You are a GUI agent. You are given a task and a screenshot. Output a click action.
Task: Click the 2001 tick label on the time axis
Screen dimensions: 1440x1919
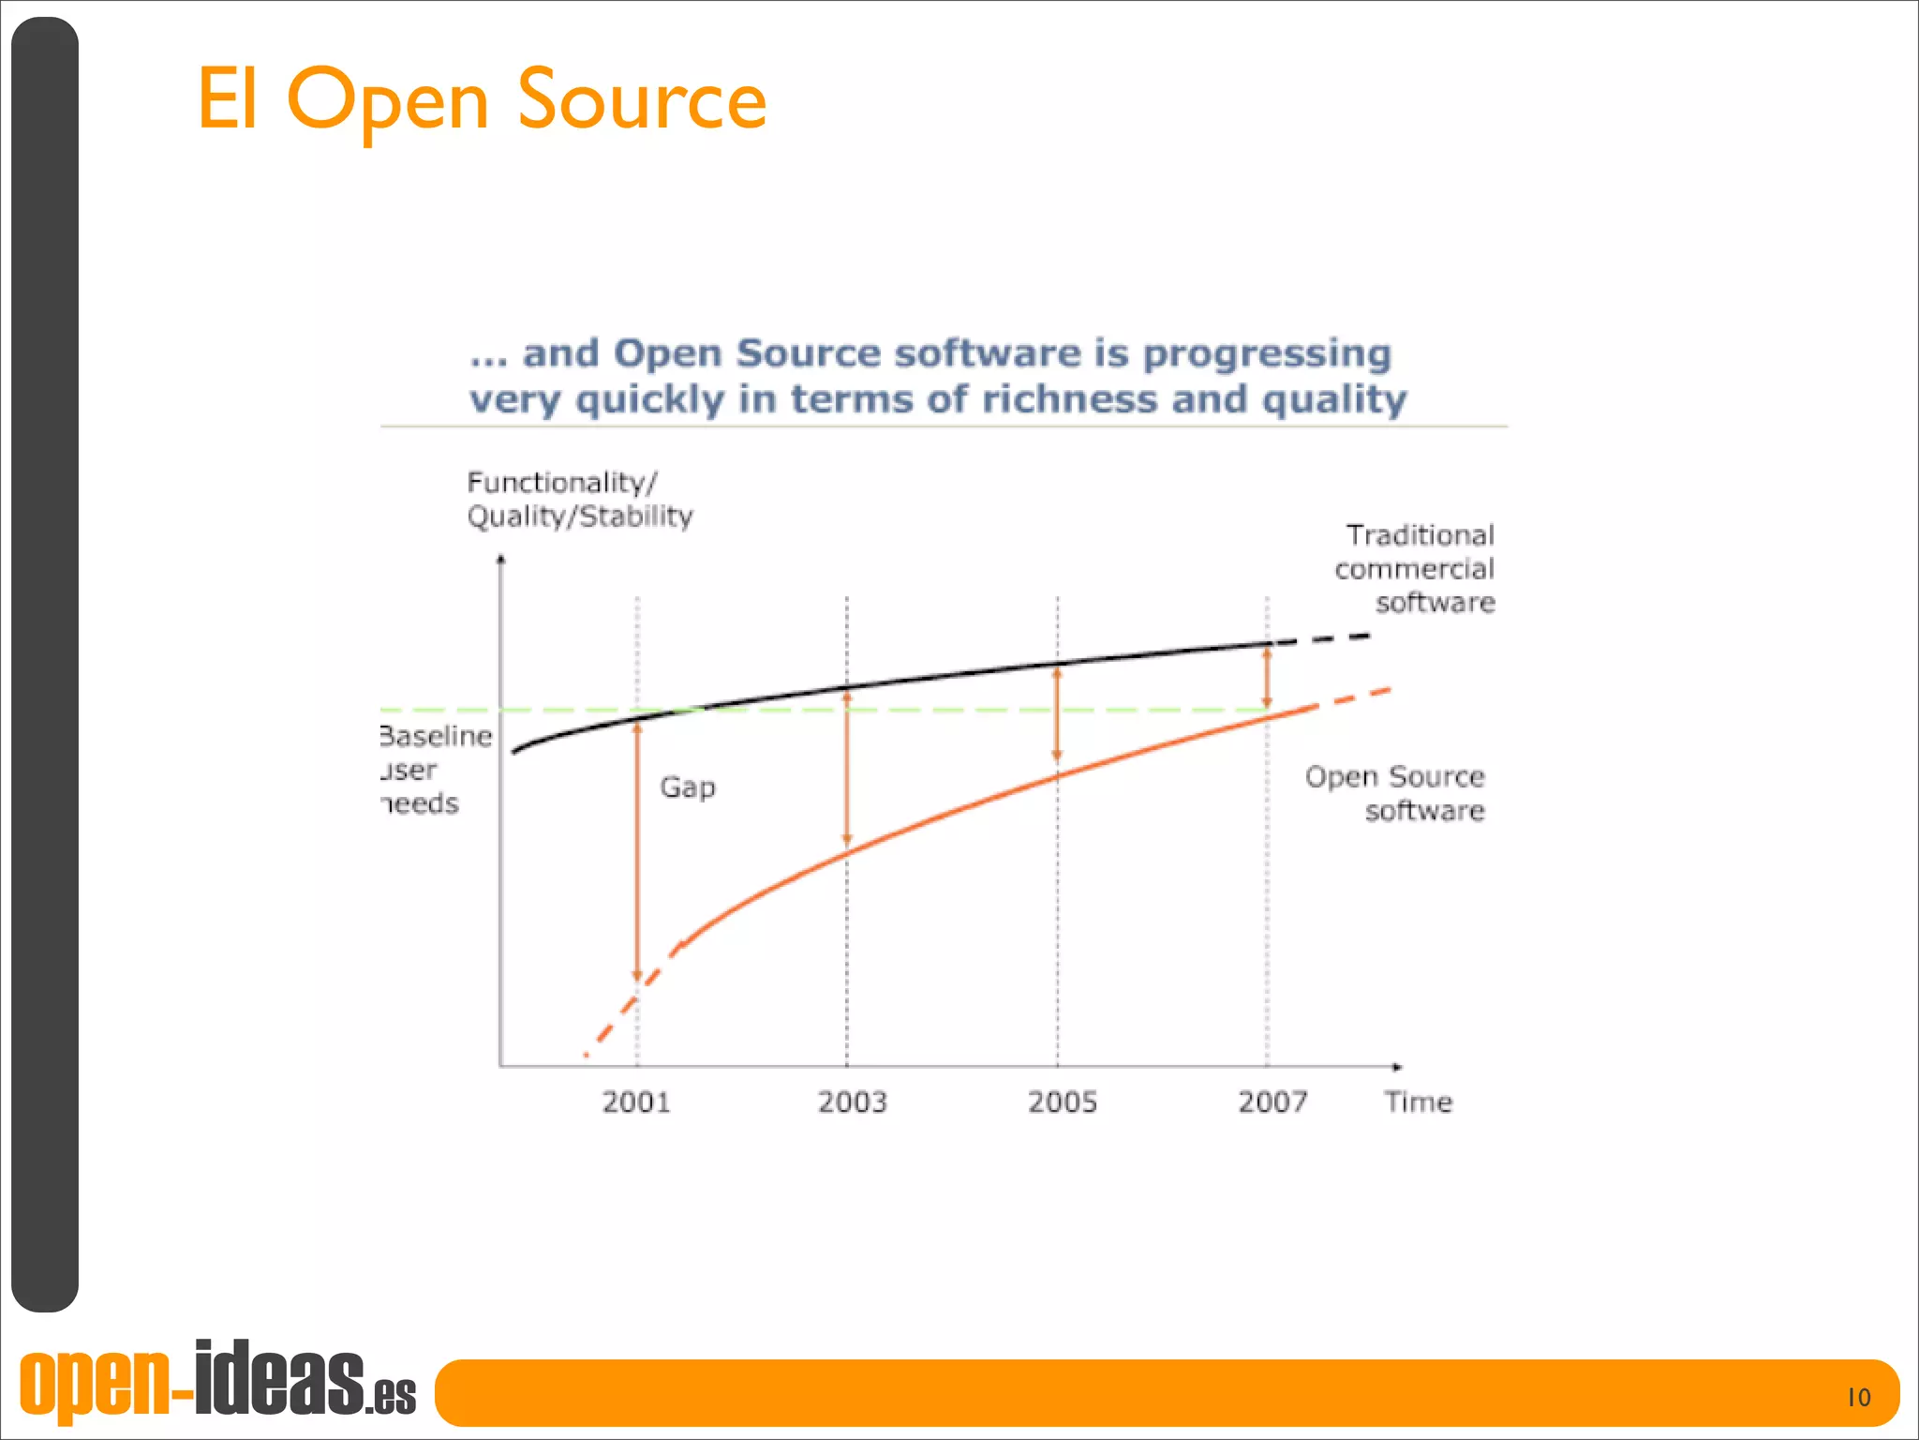point(636,1102)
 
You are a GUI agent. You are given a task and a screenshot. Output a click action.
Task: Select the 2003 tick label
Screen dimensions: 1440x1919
point(852,1102)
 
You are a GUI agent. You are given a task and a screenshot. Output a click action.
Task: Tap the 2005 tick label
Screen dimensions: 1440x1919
point(1062,1102)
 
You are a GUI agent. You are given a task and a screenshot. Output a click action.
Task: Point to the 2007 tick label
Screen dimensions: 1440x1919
point(1272,1102)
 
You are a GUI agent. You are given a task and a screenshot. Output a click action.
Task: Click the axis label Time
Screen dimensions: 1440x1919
point(1418,1102)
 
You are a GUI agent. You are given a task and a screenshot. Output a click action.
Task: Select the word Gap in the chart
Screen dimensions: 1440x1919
point(687,787)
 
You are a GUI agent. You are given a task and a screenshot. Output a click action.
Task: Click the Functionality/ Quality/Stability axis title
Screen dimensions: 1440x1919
point(579,499)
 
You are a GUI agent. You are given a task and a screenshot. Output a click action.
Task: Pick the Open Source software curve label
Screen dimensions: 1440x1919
point(1395,792)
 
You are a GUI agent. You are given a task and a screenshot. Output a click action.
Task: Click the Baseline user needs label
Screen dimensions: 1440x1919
point(435,770)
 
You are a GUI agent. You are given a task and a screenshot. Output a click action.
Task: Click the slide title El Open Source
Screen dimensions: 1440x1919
point(482,99)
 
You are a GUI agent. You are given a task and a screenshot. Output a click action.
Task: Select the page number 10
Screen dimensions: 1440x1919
point(1858,1398)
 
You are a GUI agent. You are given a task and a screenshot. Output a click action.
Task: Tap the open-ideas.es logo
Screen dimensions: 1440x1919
point(217,1381)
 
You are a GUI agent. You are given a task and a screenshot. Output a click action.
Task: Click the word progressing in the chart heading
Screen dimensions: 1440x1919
point(1267,353)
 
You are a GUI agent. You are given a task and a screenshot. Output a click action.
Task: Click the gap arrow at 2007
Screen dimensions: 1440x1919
point(1267,678)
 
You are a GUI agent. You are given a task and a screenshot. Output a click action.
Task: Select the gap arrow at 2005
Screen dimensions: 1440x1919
point(1057,714)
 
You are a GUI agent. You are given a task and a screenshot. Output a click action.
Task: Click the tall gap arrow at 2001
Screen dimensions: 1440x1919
point(637,848)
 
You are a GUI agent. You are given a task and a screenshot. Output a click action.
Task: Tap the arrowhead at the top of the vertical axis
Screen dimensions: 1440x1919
point(500,560)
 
